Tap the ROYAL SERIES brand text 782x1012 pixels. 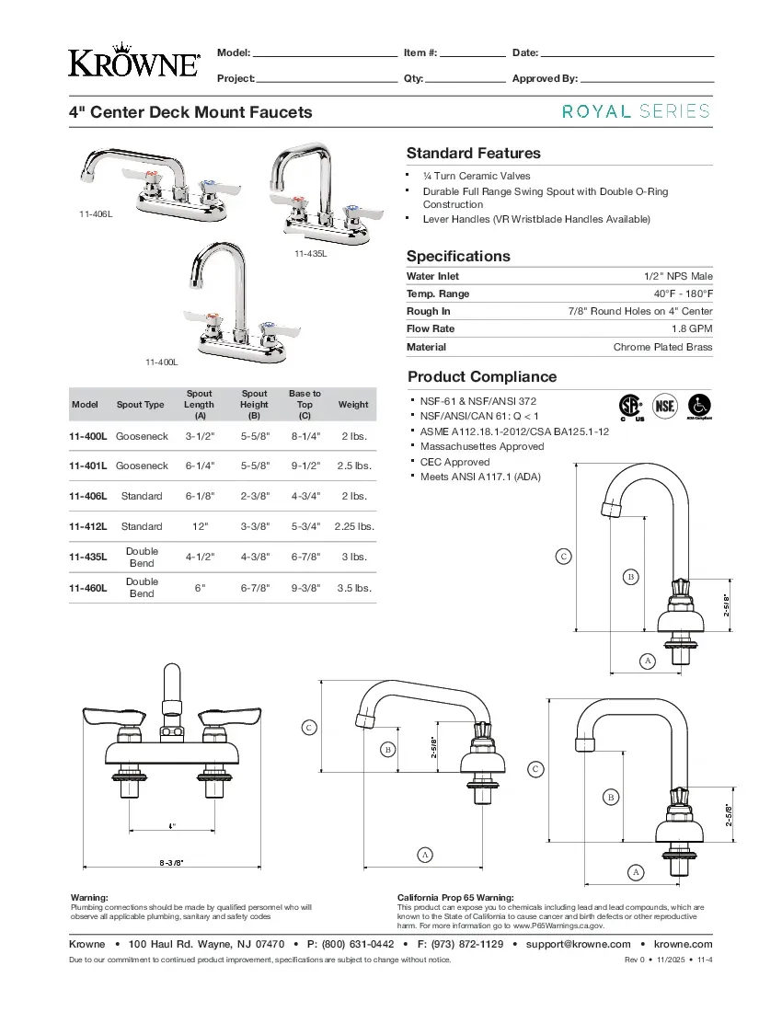[x=636, y=111]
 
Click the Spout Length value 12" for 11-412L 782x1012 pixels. [x=199, y=526]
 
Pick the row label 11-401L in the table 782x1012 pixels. [x=88, y=466]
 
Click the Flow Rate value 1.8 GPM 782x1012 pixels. [x=692, y=328]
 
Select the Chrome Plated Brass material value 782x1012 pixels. [x=662, y=347]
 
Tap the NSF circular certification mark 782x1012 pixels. [x=664, y=406]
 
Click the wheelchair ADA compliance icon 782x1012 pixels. [x=699, y=406]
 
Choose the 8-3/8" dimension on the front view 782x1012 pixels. [x=171, y=862]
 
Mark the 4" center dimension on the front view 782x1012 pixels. [x=172, y=826]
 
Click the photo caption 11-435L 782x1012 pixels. [x=310, y=253]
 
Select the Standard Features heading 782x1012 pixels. [x=473, y=153]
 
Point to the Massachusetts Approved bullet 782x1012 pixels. [x=482, y=446]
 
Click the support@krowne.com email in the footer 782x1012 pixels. [x=578, y=944]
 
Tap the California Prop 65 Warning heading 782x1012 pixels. [x=455, y=897]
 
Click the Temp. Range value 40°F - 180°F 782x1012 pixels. [x=679, y=293]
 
